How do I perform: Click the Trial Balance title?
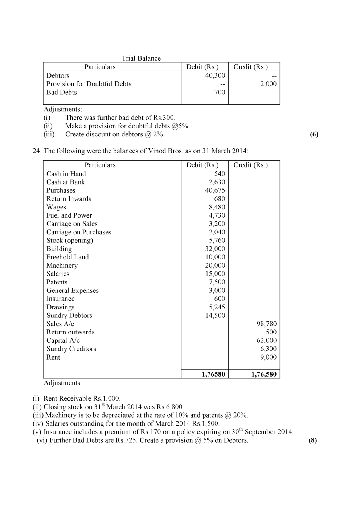click(141, 58)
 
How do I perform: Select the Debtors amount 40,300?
click(215, 75)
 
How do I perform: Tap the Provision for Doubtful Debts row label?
click(89, 84)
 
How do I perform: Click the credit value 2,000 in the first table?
click(268, 84)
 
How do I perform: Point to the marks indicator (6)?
click(314, 134)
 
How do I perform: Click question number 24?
click(37, 151)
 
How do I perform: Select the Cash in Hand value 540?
click(220, 174)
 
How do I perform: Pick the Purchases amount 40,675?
click(215, 190)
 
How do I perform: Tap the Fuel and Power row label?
click(69, 215)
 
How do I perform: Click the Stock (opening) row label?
click(70, 241)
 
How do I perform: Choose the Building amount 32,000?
click(215, 249)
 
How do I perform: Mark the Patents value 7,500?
click(217, 282)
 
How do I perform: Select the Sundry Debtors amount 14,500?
click(215, 316)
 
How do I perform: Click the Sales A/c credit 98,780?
click(266, 324)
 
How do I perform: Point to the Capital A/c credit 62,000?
click(266, 341)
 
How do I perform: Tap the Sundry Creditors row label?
click(71, 349)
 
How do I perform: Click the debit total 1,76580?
click(213, 374)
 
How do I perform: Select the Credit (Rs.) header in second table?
click(250, 165)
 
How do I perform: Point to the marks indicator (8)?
click(312, 440)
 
